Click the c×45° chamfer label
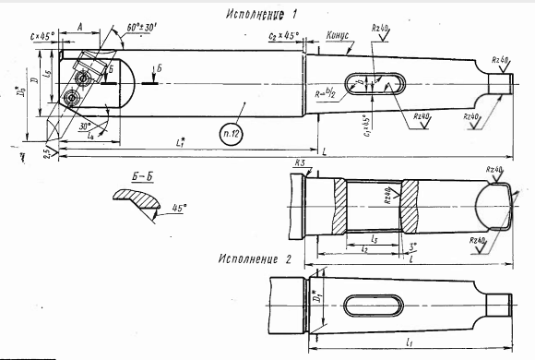pos(42,35)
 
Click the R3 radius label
pos(300,163)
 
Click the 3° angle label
pos(411,246)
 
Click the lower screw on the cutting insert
pos(70,97)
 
